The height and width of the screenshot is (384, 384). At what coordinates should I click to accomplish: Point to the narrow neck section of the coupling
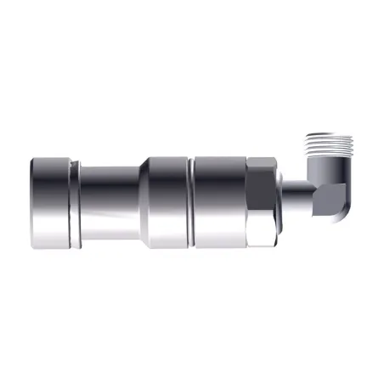(x=110, y=196)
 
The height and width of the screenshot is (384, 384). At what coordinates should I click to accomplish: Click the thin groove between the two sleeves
(x=190, y=196)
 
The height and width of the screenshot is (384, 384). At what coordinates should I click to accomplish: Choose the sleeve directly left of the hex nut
(x=219, y=196)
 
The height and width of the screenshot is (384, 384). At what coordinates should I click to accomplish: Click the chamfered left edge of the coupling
(x=31, y=196)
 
